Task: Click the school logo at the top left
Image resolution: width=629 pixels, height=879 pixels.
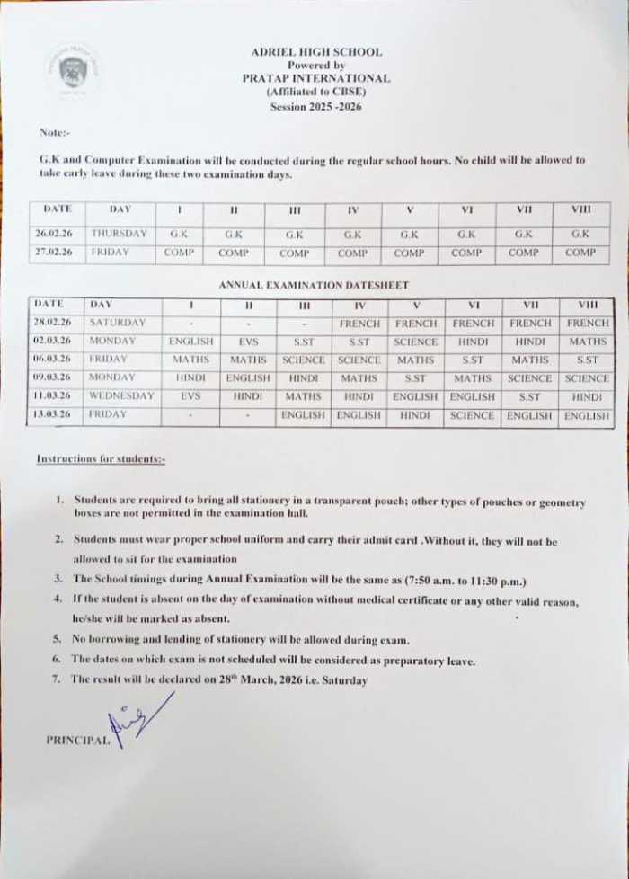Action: [73, 71]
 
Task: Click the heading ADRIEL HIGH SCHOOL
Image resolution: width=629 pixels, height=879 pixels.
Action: [316, 52]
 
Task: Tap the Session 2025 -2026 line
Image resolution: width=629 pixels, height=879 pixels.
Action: [316, 106]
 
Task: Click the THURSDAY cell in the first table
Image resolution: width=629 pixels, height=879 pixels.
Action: [119, 233]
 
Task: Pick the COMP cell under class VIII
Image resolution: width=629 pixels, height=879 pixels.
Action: [580, 253]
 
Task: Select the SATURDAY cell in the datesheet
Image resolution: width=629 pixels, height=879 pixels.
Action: [118, 323]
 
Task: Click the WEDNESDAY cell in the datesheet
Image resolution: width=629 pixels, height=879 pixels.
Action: [121, 396]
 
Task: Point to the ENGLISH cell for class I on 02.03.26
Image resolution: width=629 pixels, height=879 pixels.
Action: [190, 342]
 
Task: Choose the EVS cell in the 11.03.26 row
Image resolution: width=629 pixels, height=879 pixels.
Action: [190, 396]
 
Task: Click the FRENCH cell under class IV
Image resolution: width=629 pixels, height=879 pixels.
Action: [359, 323]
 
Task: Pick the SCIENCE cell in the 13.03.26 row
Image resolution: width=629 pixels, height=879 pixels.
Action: [473, 415]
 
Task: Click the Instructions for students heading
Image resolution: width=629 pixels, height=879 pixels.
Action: [101, 459]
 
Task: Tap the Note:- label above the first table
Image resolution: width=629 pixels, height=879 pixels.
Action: [55, 133]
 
